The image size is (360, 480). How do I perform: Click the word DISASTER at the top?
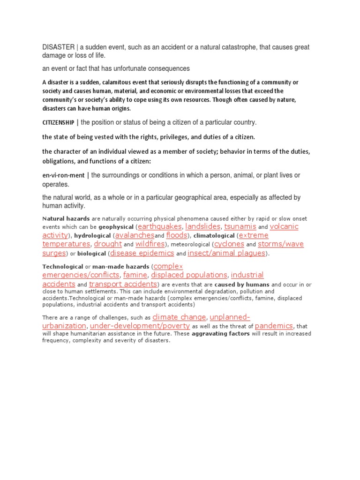(58, 48)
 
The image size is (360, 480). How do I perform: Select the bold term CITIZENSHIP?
(58, 122)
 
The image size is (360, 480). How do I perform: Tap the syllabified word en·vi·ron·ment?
(63, 175)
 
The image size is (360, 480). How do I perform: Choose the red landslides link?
(202, 226)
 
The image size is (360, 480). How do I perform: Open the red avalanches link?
(135, 235)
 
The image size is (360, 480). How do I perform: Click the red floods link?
(177, 235)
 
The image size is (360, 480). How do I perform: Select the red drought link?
(108, 244)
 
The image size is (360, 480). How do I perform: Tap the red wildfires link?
(150, 244)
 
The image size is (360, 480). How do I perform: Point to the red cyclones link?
(229, 244)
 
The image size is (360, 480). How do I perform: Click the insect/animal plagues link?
(226, 253)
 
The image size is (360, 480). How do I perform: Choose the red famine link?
(135, 275)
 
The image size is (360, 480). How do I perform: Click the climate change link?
(179, 317)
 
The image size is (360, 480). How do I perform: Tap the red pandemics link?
(274, 326)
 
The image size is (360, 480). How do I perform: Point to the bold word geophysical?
(116, 227)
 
